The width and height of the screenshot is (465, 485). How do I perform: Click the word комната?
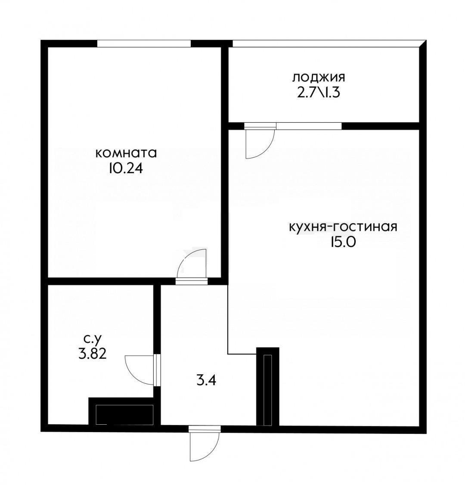coord(126,153)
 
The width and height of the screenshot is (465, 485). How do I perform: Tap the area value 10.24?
coord(126,168)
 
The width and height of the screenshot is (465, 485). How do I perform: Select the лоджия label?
coord(319,78)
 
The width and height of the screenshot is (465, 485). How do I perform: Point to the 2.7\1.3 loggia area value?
coord(319,92)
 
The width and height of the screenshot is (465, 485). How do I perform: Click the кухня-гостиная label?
coord(343,227)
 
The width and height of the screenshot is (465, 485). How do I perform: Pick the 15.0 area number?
coord(343,242)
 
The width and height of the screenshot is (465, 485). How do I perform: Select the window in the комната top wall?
coord(144,43)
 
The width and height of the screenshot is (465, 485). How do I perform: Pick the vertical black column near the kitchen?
coord(268,386)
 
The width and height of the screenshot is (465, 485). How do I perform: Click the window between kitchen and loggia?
coord(308,126)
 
